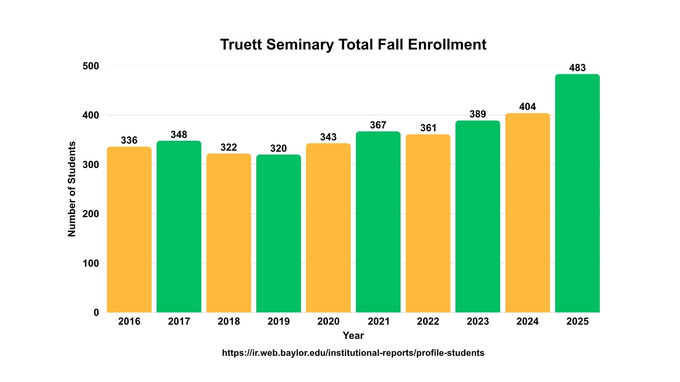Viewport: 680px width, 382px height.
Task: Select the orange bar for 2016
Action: tap(129, 230)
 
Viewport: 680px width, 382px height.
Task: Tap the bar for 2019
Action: tap(279, 233)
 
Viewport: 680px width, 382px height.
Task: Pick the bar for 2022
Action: tap(428, 223)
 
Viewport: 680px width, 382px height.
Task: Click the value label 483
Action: tap(577, 68)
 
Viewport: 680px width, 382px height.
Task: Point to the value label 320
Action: tap(278, 148)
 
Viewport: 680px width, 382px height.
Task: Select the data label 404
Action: tap(527, 106)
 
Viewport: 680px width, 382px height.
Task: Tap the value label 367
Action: tap(378, 125)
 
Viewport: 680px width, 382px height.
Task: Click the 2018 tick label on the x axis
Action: tap(229, 321)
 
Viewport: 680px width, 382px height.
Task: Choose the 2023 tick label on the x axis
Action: tap(478, 321)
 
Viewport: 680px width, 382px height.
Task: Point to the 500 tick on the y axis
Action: tap(91, 66)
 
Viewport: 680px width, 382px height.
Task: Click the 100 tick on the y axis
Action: tap(91, 263)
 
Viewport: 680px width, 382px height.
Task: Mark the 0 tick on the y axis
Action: tap(96, 312)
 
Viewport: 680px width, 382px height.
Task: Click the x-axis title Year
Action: tap(353, 335)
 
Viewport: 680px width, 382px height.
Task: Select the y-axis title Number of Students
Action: tap(72, 189)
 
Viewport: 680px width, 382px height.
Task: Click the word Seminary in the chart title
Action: tap(300, 45)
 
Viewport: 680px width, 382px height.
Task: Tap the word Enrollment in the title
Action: tap(447, 45)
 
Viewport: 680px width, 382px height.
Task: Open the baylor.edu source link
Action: tap(353, 353)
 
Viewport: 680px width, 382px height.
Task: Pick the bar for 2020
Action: tap(328, 228)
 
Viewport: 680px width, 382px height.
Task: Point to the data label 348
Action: tap(179, 134)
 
